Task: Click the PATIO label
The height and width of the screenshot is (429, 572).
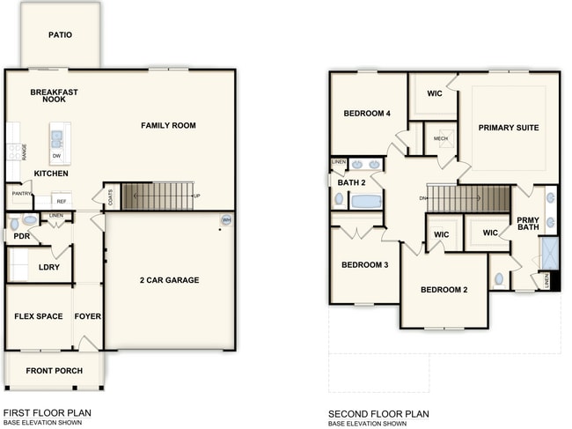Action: pos(61,35)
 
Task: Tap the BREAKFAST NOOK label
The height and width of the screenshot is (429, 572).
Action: pos(55,95)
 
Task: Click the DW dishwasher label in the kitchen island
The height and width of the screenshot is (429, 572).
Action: pos(56,156)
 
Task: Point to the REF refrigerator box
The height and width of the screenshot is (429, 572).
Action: pos(62,201)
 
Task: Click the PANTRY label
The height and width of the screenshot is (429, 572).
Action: pos(21,195)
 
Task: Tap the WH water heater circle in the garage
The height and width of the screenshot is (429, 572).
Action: pos(226,220)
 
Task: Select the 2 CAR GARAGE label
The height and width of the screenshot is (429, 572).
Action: pos(170,280)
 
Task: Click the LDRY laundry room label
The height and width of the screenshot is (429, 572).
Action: pos(49,267)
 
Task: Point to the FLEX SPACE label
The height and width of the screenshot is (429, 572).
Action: pos(38,316)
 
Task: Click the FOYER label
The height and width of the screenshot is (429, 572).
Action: pos(87,316)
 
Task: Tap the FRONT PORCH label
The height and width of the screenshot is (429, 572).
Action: pos(54,371)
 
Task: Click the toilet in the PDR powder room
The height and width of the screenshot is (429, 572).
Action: pos(29,222)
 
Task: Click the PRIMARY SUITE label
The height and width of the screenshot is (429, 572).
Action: pos(508,128)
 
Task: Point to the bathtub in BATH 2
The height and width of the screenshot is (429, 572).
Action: pos(366,201)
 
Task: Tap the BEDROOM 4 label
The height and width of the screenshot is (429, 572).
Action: pos(367,113)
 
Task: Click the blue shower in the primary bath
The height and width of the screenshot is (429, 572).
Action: pos(549,252)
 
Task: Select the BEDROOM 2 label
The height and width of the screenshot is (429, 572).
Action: pos(444,290)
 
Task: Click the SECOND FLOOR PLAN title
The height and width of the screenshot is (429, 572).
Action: pos(378,413)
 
